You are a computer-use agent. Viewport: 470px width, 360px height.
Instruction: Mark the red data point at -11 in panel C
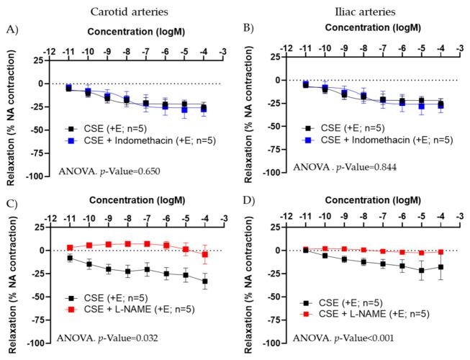(69, 248)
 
